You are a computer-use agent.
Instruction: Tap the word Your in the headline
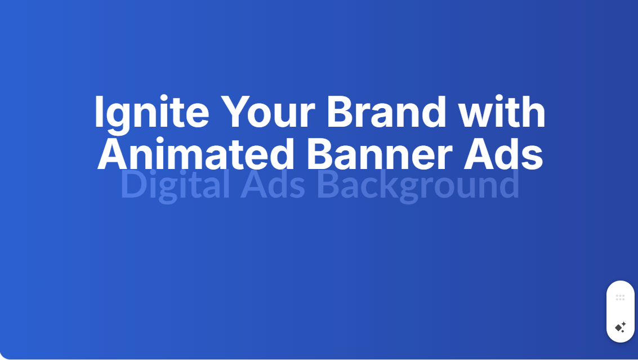267,111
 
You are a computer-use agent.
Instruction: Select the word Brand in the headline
386,111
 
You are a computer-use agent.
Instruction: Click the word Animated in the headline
196,154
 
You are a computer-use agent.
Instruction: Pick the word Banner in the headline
379,154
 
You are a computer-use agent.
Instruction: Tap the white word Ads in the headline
504,154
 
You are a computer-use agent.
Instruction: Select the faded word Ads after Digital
273,184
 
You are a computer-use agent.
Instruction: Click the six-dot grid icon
620,297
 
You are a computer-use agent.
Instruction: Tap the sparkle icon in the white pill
621,327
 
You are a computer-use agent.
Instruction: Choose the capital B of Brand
340,111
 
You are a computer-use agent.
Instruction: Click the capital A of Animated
112,154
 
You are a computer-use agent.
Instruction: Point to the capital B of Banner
319,154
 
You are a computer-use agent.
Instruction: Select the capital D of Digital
134,184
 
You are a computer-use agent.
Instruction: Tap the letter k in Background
391,184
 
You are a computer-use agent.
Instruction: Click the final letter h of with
534,111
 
